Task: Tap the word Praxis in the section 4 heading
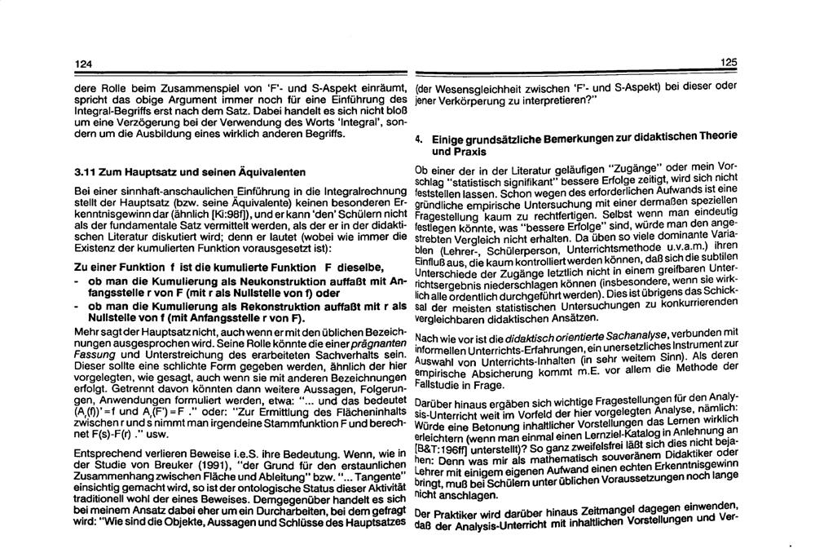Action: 449,152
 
